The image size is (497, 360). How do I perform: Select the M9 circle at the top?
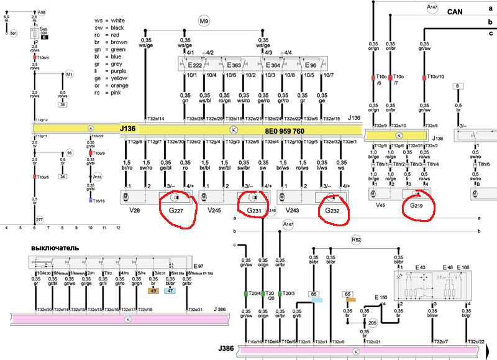pyautogui.click(x=204, y=22)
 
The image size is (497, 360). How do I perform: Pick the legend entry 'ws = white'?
pyautogui.click(x=112, y=21)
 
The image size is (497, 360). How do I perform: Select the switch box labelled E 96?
pyautogui.click(x=312, y=65)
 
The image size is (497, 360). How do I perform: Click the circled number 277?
pyautogui.click(x=40, y=221)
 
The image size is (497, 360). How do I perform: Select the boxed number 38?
pyautogui.click(x=62, y=104)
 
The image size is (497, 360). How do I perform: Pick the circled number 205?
pyautogui.click(x=372, y=323)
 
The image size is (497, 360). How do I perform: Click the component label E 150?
pyautogui.click(x=380, y=297)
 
